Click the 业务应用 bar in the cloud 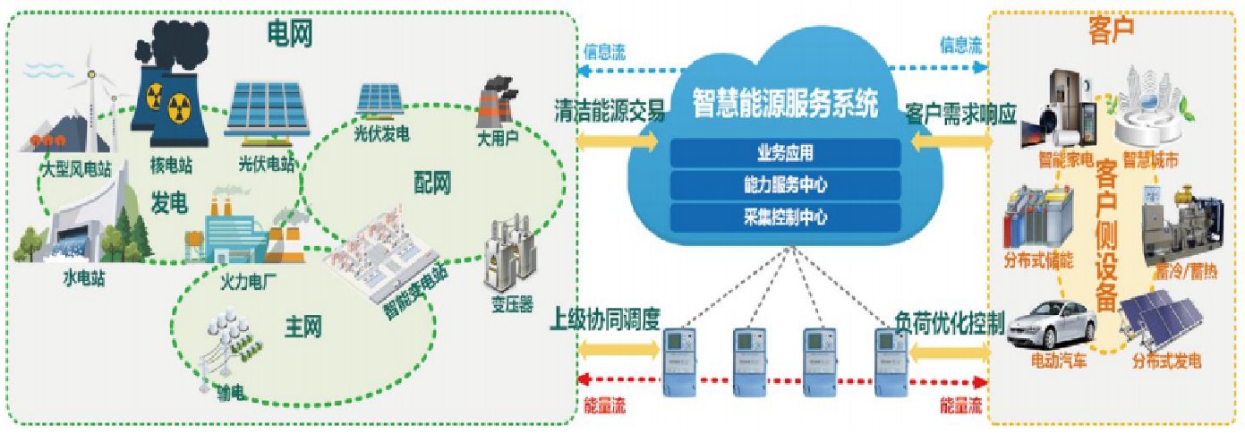[x=785, y=151]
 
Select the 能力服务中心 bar [x=785, y=184]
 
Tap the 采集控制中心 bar [x=785, y=216]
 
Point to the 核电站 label [x=171, y=166]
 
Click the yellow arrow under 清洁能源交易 [x=618, y=140]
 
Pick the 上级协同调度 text [x=607, y=318]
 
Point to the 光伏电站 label [x=266, y=165]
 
